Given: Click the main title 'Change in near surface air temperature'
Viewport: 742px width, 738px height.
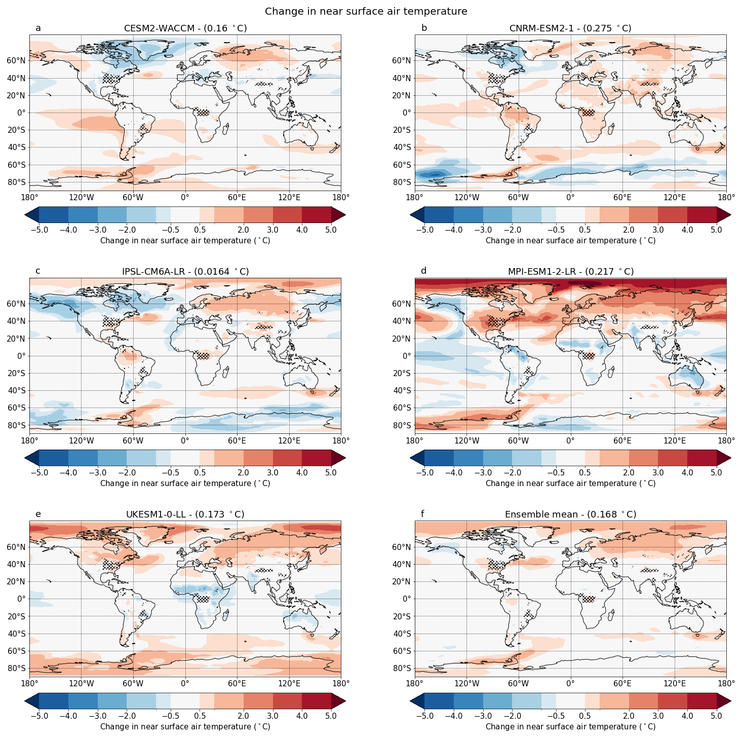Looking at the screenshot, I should click(x=366, y=11).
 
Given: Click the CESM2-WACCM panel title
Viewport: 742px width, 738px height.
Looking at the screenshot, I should click(x=185, y=28).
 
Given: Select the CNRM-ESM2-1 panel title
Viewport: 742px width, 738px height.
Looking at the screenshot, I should click(x=570, y=28).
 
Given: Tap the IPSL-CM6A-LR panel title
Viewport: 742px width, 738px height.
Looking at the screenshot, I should click(x=185, y=272).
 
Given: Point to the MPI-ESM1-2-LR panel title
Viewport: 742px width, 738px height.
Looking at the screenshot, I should click(x=570, y=272).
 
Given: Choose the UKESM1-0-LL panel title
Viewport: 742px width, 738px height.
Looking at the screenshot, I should click(x=185, y=514).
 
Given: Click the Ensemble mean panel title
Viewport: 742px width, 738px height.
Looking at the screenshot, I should click(x=570, y=514).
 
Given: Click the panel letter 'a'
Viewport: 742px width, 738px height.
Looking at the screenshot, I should click(x=38, y=28).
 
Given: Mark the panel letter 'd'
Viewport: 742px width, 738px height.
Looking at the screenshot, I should click(x=423, y=271).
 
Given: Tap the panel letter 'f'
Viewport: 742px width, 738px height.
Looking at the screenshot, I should click(x=422, y=514).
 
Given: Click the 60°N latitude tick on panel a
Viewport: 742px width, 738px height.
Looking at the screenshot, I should click(x=17, y=61).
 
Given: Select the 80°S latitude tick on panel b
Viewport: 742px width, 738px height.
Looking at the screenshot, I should click(x=402, y=182).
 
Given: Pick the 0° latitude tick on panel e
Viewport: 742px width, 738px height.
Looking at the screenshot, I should click(x=22, y=599).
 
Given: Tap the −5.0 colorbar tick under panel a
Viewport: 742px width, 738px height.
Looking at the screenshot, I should click(x=39, y=230).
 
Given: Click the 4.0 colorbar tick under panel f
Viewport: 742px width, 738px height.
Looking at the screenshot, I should click(x=687, y=716).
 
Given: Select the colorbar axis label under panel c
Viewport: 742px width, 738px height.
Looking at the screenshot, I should click(x=185, y=484).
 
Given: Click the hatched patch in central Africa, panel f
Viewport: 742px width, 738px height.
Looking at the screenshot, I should click(x=588, y=599).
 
